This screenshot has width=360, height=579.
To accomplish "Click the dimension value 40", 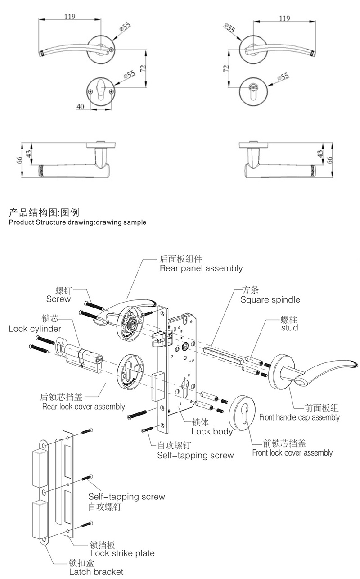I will pos(81,107).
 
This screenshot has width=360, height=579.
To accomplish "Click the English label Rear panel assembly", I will pos(201,268).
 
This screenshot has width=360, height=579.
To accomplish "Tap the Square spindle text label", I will pos(270,299).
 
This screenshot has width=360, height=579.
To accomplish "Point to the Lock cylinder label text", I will pos(35,329).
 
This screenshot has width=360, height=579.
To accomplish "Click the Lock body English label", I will pos(212,431).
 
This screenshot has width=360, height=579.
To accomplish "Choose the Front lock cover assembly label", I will pos(292,452).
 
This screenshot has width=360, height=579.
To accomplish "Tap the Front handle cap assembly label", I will pos(299,417).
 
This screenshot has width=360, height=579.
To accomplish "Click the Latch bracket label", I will pos(96,572).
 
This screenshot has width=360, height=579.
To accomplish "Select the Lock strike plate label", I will pos(122,553).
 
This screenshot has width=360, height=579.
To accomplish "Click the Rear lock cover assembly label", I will pos(83,407).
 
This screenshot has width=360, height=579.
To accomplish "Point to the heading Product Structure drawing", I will pos(77,222).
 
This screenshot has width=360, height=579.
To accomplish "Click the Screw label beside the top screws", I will pos(58,299).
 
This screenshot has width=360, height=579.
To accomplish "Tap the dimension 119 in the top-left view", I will pos(69,17).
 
